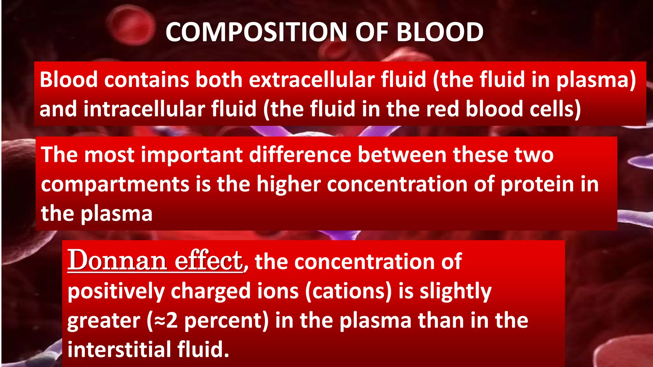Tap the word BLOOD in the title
click(x=440, y=32)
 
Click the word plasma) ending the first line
click(x=596, y=80)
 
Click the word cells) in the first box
click(x=555, y=109)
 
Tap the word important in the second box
click(x=192, y=155)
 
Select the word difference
click(x=300, y=155)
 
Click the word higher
click(x=288, y=184)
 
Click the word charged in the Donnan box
click(x=211, y=291)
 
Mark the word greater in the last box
click(x=104, y=320)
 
